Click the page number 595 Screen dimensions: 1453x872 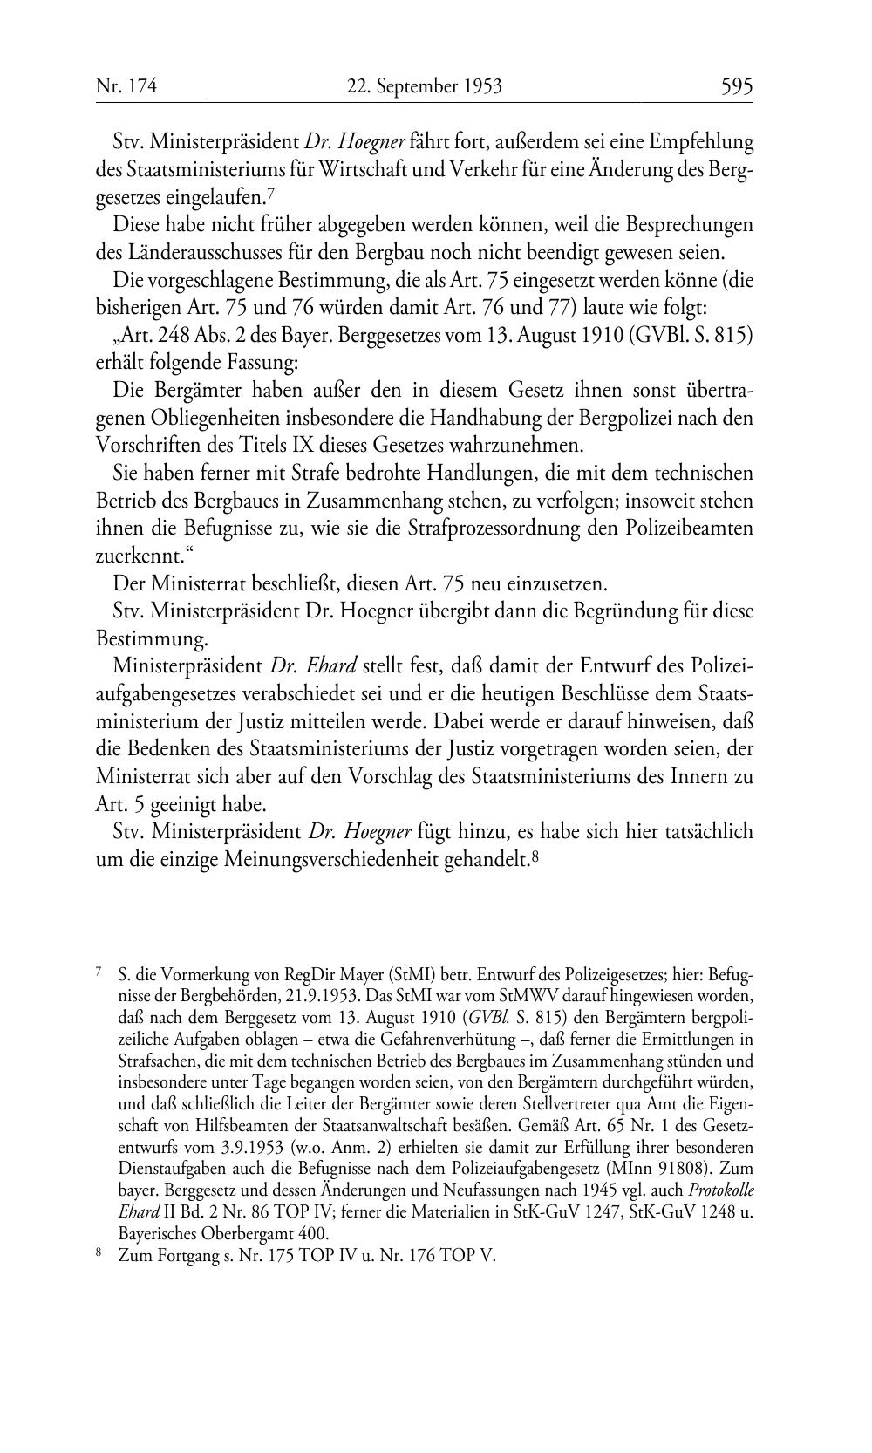736,86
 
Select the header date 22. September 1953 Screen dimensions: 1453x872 425,86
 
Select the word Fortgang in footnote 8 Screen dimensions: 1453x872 181,1258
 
